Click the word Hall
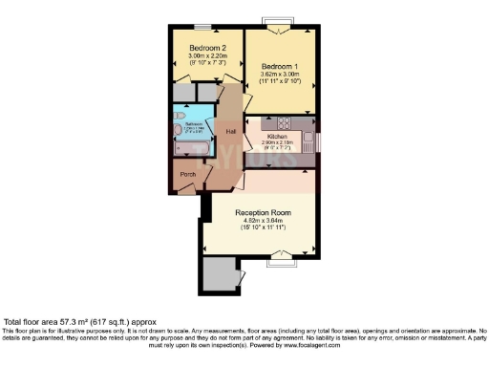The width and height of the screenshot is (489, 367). click(x=231, y=131)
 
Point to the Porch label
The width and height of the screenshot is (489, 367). click(x=189, y=175)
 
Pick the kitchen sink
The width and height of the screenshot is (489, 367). click(x=308, y=141)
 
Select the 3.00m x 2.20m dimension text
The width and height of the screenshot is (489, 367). click(x=207, y=56)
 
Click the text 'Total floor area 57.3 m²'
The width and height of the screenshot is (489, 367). click(x=57, y=322)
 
